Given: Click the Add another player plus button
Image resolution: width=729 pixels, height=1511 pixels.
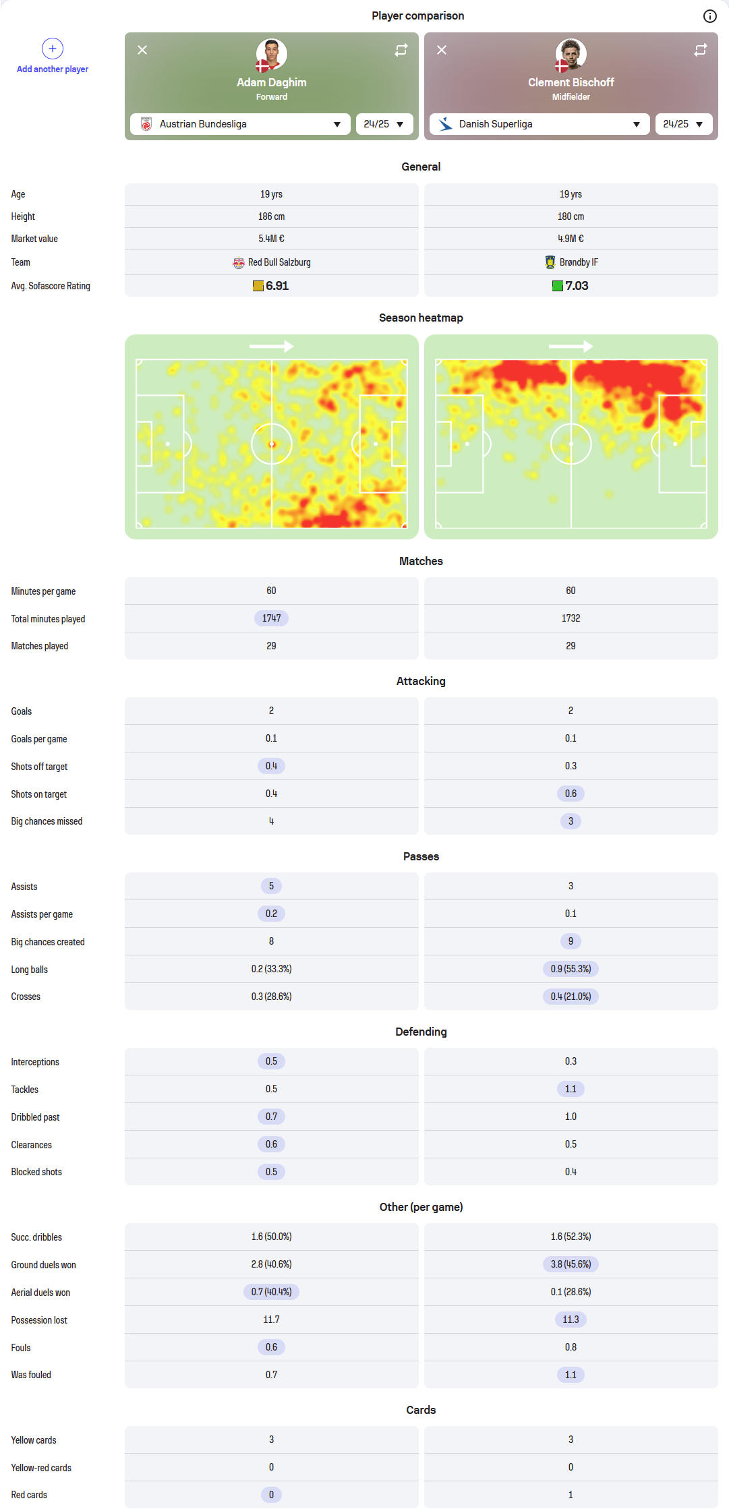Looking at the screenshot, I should [53, 49].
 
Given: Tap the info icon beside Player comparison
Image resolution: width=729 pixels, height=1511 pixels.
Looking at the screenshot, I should [709, 16].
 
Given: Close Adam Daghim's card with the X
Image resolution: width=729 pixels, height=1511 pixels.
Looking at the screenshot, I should [142, 50].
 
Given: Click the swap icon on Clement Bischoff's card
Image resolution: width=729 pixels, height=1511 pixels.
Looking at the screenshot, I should [701, 50].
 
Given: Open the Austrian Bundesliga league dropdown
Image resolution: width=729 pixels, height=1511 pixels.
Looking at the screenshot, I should [240, 124].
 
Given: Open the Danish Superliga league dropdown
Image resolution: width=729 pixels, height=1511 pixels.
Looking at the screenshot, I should [540, 124].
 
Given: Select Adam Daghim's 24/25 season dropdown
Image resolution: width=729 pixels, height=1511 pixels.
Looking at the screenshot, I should [384, 124].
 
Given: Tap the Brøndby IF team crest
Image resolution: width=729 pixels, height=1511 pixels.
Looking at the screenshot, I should [550, 262].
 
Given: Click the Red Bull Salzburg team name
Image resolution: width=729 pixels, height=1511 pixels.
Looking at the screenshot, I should [279, 262].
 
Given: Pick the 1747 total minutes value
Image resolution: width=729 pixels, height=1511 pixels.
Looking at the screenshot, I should [271, 618].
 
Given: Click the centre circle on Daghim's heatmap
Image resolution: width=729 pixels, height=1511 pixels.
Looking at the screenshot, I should [272, 444].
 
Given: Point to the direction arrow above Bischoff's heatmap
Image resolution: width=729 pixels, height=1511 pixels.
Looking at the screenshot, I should [571, 347].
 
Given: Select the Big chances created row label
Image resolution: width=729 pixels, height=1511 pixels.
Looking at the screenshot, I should [48, 942].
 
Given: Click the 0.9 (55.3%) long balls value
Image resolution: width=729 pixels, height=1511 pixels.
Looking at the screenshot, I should [571, 969].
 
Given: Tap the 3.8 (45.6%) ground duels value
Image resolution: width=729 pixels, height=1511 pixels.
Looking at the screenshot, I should [571, 1264].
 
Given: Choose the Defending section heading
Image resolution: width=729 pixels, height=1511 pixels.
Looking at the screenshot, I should [421, 1032].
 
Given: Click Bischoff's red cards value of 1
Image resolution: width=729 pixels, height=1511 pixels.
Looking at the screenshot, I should [571, 1495].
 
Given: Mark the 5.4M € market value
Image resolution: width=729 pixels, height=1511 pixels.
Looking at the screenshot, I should [271, 239].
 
